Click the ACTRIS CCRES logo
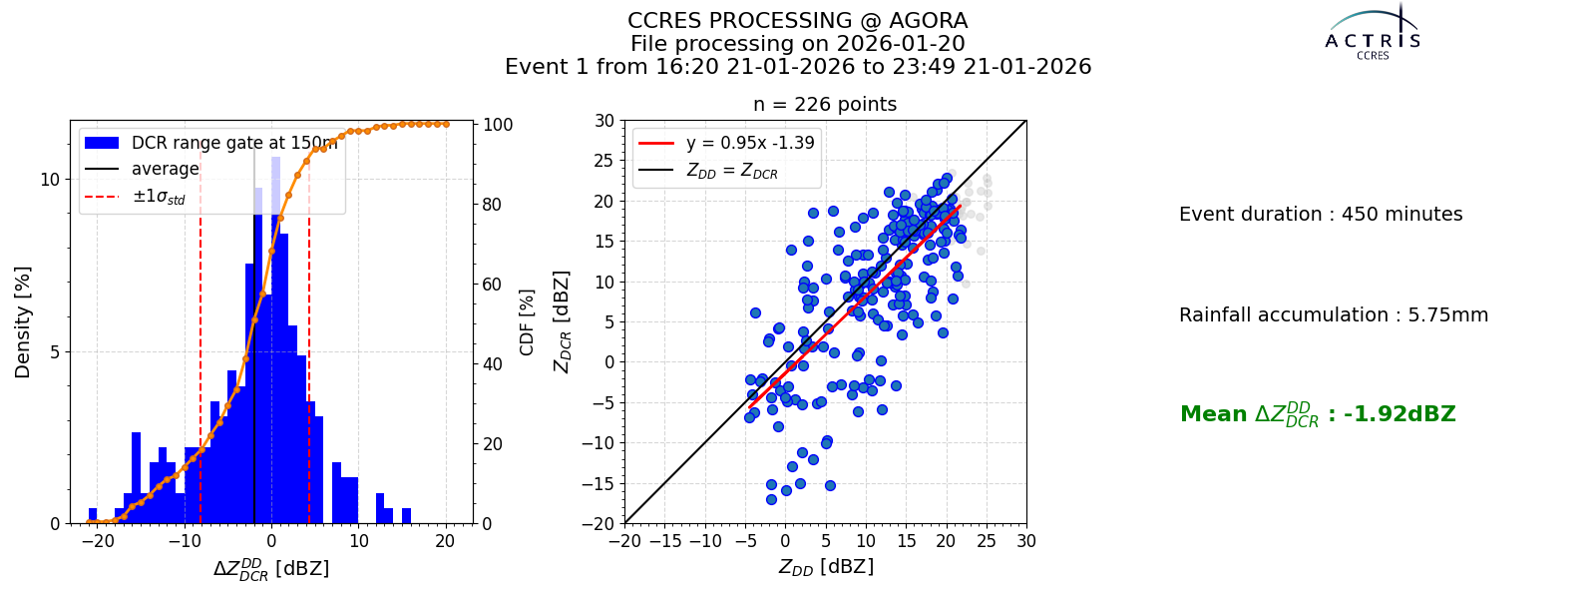[1373, 33]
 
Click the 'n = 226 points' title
[825, 104]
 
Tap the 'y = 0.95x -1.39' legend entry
[726, 143]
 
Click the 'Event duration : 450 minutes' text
[1321, 214]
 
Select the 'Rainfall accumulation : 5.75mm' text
[1334, 314]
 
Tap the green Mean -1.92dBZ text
[1318, 414]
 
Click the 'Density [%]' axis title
[23, 322]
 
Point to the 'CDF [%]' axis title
[527, 322]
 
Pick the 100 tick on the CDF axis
[498, 124]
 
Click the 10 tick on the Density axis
[50, 179]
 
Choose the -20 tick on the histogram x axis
[98, 541]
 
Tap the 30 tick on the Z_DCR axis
[604, 121]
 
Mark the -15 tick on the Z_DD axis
[665, 541]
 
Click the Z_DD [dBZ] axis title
[826, 567]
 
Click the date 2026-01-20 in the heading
[901, 44]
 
